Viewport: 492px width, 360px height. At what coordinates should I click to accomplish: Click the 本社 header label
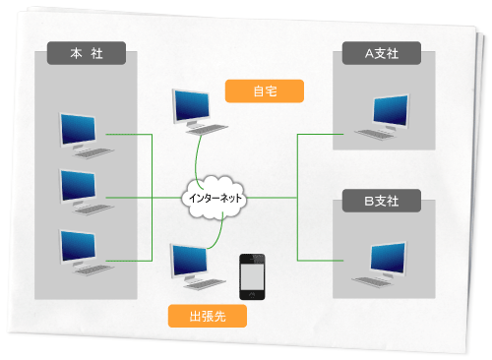tap(86, 53)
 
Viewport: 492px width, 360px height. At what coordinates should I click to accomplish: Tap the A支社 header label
tap(382, 53)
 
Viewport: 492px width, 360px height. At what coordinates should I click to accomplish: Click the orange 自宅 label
tap(265, 91)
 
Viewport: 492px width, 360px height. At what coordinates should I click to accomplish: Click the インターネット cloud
tap(215, 198)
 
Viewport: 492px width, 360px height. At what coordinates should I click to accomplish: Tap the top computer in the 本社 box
tap(82, 133)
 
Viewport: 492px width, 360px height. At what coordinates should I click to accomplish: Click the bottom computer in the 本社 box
tap(82, 250)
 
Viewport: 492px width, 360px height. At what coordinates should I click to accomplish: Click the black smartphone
tap(254, 276)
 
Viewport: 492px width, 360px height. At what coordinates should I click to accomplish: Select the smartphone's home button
tap(254, 293)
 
